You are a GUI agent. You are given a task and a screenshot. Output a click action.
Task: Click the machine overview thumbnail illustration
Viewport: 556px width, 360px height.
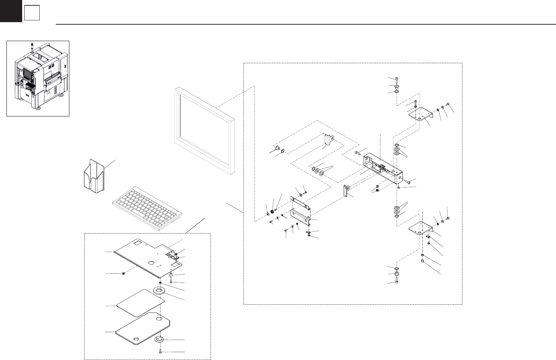point(38,78)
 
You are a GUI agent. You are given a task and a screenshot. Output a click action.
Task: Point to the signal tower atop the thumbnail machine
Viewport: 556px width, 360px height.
point(32,45)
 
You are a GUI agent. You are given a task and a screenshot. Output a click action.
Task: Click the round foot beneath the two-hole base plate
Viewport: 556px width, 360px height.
point(159,339)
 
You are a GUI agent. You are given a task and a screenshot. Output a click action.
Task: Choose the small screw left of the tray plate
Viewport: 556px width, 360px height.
point(124,273)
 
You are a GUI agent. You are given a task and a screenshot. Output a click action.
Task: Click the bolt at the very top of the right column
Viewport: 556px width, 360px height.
point(397,79)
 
